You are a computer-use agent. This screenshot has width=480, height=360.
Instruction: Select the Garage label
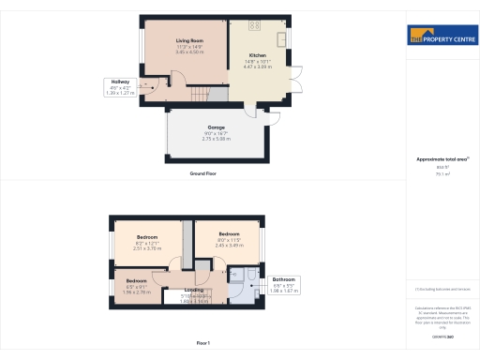(216, 127)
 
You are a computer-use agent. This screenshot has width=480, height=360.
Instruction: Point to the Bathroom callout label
(283, 280)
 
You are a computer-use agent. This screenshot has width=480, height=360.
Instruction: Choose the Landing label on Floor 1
(194, 290)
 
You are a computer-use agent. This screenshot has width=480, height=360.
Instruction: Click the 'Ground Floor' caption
(203, 174)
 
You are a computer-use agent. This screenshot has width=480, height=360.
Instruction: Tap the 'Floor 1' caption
(203, 344)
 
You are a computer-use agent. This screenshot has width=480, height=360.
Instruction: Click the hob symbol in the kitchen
(254, 26)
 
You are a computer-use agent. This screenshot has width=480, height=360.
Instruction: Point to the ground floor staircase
(199, 94)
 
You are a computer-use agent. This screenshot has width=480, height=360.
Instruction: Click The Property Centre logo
(442, 37)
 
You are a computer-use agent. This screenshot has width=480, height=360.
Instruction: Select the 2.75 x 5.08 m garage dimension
(216, 138)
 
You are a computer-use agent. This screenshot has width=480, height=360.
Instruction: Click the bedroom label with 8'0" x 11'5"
(230, 233)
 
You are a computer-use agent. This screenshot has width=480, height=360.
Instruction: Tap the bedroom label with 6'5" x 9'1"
(137, 280)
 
